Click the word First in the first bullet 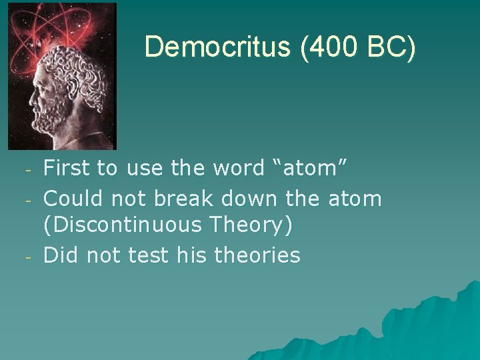[x=67, y=169]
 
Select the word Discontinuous [x=123, y=225]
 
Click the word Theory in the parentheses [x=250, y=225]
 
